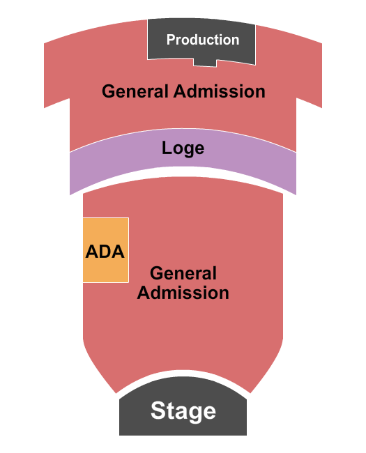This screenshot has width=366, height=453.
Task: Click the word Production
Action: [202, 40]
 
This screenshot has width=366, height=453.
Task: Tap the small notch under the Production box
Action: [204, 63]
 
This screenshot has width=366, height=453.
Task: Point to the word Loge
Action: [183, 148]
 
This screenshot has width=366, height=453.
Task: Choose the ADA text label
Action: [105, 252]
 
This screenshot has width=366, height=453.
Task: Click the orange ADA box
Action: [105, 233]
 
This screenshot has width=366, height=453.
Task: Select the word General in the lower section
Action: [183, 274]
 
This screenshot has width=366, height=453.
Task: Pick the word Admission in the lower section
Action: [183, 293]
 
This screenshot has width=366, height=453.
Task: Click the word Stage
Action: [183, 410]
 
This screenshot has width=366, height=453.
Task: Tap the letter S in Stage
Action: [158, 410]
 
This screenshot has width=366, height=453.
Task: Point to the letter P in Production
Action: [170, 40]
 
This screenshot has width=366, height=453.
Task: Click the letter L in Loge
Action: [167, 148]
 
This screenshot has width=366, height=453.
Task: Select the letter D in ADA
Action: [106, 252]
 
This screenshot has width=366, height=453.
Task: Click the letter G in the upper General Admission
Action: [108, 91]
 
